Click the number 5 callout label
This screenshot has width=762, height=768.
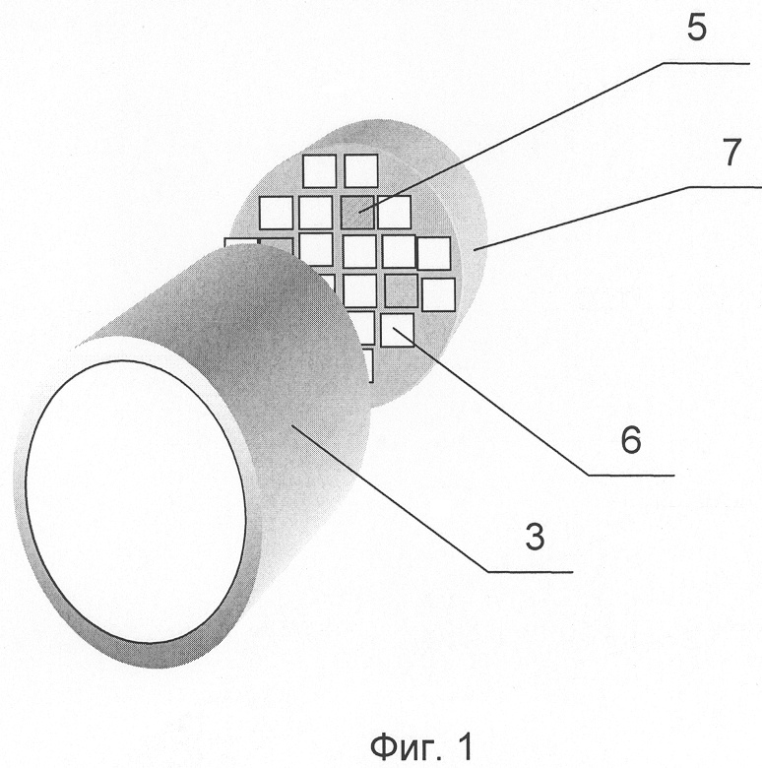click(697, 28)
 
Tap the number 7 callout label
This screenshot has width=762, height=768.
click(731, 152)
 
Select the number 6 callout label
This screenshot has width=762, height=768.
click(631, 439)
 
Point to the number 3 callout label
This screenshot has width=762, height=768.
click(535, 536)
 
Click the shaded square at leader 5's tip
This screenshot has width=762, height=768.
click(358, 212)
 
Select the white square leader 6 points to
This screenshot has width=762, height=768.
click(397, 330)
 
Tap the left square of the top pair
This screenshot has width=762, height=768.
click(319, 171)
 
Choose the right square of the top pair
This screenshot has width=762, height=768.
click(361, 170)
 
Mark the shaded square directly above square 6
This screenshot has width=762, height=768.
click(402, 291)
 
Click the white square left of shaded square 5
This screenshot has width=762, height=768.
click(316, 213)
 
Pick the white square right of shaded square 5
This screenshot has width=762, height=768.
click(394, 212)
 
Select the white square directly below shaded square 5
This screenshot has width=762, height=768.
click(360, 251)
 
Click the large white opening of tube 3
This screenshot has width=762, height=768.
click(136, 500)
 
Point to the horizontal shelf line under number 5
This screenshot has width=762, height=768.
click(707, 63)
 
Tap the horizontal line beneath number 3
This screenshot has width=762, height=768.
click(530, 572)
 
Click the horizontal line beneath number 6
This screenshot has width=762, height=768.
click(631, 476)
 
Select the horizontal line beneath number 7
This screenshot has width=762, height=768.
click(725, 187)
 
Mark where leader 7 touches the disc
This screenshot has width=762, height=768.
click(475, 250)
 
